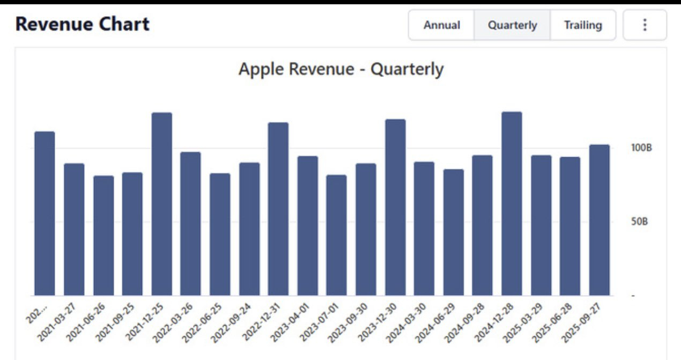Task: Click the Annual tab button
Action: (x=441, y=25)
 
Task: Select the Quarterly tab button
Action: (x=512, y=25)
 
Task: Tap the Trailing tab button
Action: (x=583, y=25)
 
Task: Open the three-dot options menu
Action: (x=645, y=25)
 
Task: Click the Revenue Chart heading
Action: (x=83, y=24)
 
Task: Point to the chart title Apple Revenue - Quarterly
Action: (x=341, y=69)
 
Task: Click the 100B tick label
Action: (x=641, y=148)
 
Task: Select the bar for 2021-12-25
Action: (x=161, y=204)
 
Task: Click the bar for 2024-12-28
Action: (x=512, y=204)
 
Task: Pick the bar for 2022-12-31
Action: (x=278, y=209)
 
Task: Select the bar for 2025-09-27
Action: (x=599, y=220)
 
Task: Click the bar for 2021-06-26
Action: (x=103, y=236)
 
